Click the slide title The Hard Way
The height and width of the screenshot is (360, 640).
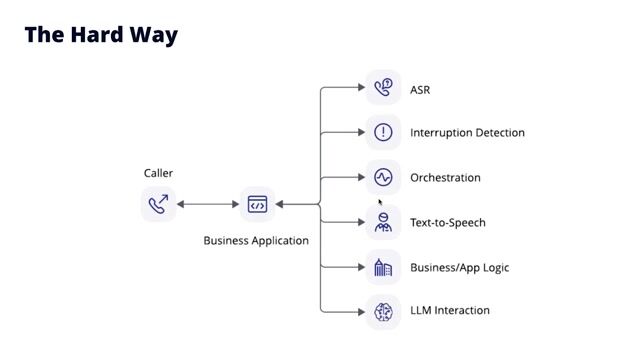point(101,35)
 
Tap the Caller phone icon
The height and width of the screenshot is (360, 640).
point(158,204)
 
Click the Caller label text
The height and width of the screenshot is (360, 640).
point(158,173)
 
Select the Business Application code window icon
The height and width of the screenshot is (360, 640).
point(257,204)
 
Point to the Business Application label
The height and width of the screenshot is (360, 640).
point(256,240)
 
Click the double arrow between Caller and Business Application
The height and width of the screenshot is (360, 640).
point(208,204)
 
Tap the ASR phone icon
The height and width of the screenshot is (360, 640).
point(383,88)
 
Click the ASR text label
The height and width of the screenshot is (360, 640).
point(420,90)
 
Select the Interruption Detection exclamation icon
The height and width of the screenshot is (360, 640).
point(383,132)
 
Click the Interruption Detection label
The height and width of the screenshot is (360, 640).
point(467,133)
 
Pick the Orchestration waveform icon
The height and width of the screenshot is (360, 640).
point(383,177)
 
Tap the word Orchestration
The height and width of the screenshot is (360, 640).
point(445,178)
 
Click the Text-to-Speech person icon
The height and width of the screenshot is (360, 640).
point(383,222)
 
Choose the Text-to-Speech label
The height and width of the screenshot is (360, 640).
point(447,223)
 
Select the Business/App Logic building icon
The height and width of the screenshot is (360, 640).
point(383,267)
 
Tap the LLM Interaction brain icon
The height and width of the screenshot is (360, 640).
point(383,311)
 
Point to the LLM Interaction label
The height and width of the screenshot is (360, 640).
point(450,311)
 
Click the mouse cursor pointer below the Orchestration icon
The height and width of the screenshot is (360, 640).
point(380,201)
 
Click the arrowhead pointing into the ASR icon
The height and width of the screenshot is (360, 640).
point(361,88)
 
